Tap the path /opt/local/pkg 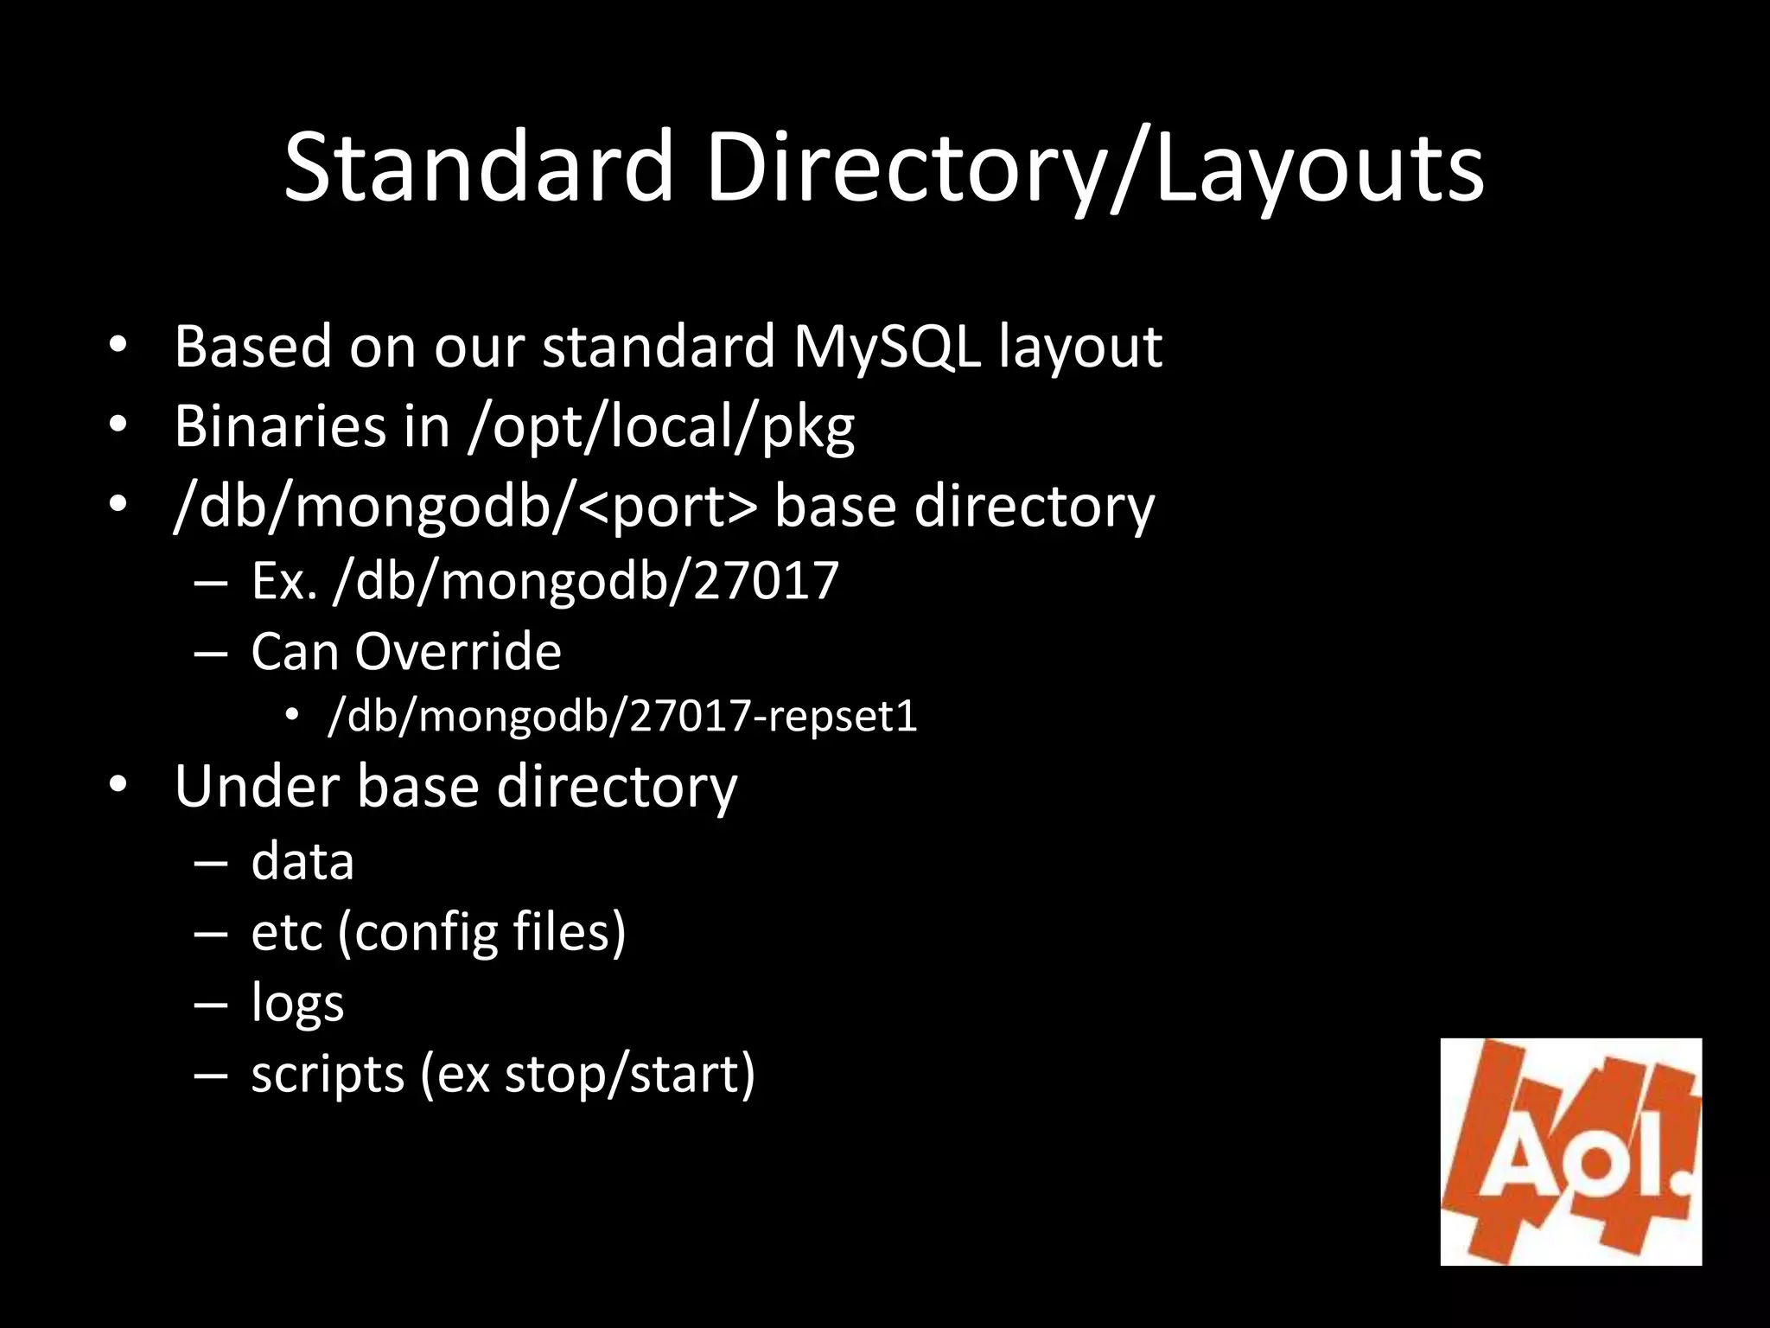coord(661,427)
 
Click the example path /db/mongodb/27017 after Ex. coord(586,580)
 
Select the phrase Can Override coord(405,651)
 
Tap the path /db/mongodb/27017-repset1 coord(622,717)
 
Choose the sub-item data coord(302,861)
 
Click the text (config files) coord(481,933)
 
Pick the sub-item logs coord(297,1004)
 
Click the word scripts coord(328,1075)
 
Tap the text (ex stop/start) coord(588,1075)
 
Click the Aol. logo coord(1570,1151)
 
